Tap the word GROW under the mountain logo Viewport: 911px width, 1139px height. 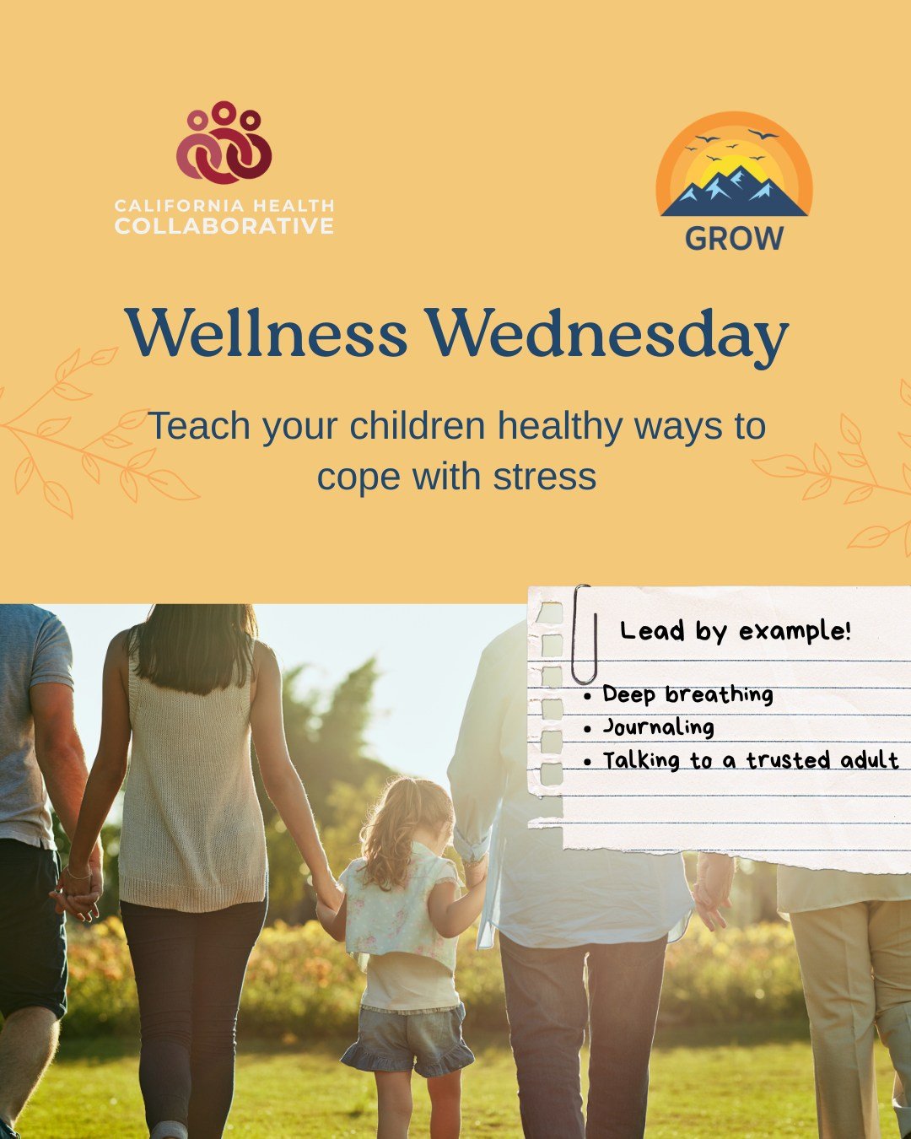tap(734, 239)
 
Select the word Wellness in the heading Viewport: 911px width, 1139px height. tap(267, 334)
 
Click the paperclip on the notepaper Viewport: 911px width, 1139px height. tap(583, 634)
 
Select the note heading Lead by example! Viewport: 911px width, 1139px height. tap(735, 631)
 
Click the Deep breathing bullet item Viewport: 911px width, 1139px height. tap(687, 694)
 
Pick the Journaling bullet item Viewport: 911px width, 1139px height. tap(658, 727)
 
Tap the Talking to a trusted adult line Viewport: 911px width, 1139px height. tap(750, 760)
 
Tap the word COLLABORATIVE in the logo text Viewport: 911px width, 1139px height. tap(224, 226)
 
